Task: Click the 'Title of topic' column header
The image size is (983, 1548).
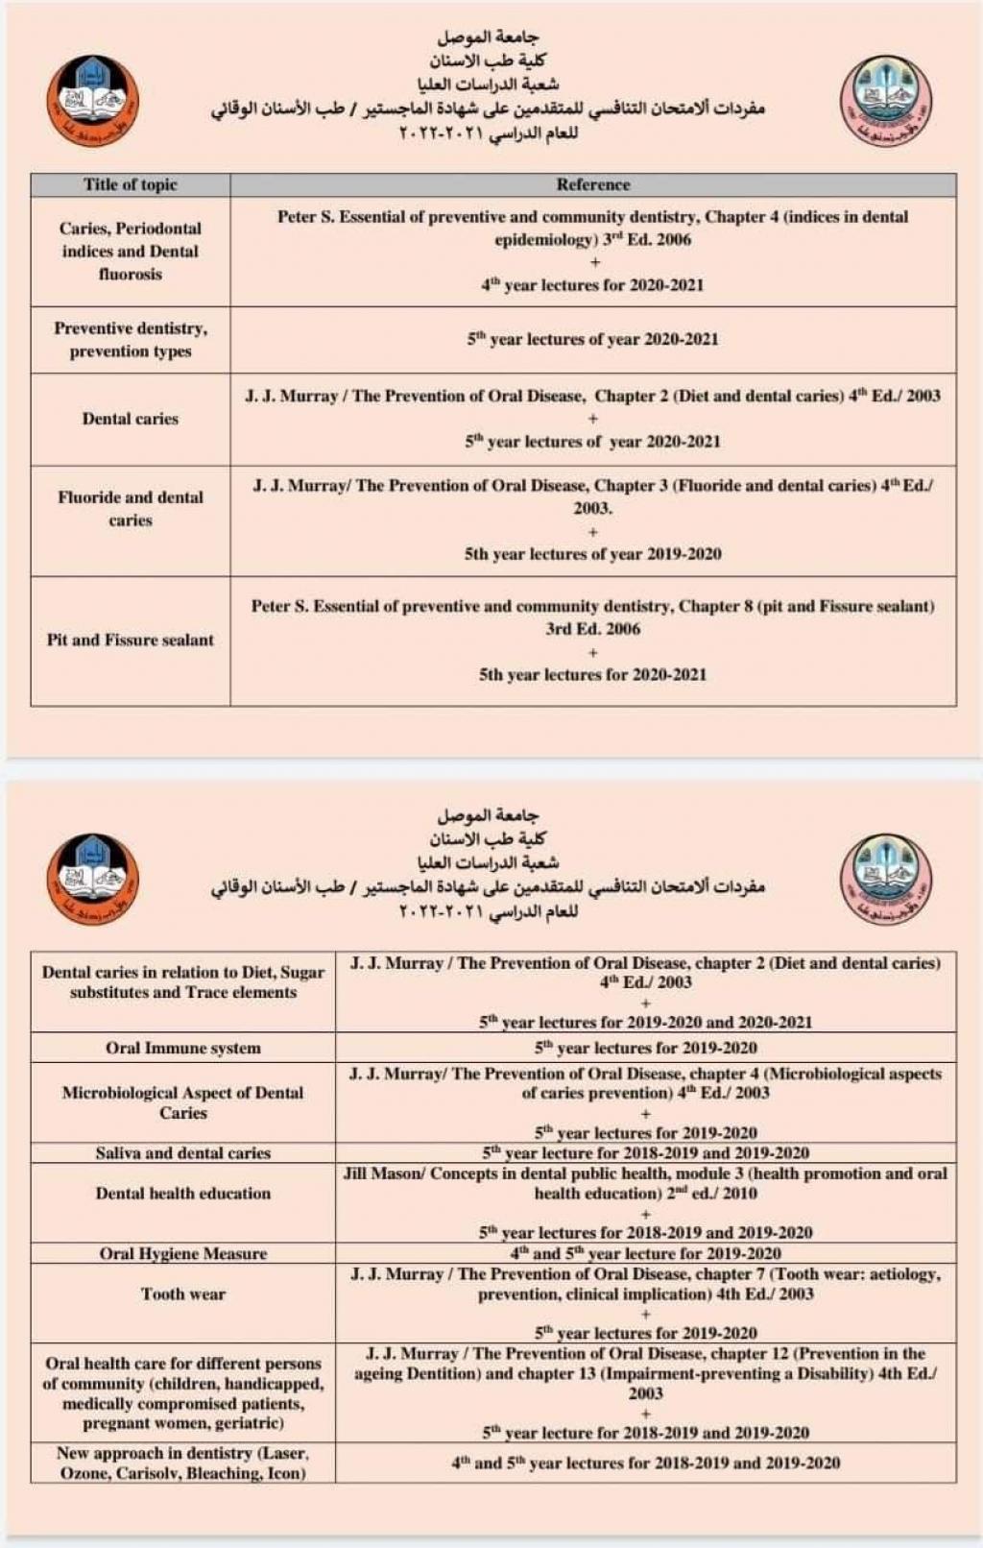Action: coord(131,184)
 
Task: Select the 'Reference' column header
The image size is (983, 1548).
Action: coord(592,184)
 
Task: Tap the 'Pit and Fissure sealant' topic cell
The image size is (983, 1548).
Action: coord(131,640)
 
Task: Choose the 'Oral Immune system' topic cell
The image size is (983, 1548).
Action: coord(182,1048)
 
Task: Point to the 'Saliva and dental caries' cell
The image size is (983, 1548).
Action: coord(182,1152)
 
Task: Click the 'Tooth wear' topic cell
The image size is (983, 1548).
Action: coord(182,1294)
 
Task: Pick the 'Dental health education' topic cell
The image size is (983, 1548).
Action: coord(182,1193)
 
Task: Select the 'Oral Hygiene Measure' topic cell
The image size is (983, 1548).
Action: coord(182,1253)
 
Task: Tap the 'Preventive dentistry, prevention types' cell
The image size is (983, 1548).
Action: coord(131,340)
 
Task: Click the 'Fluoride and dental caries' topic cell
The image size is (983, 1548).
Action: coord(131,509)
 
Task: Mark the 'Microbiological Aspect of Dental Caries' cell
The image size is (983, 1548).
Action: coord(182,1102)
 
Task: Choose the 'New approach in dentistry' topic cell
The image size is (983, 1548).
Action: coord(182,1463)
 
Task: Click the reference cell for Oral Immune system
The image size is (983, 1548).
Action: coord(645,1048)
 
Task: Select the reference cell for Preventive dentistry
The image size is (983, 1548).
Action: coord(592,339)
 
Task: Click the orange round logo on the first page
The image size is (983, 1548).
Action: coord(92,100)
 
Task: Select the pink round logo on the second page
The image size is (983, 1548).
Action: coord(885,879)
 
